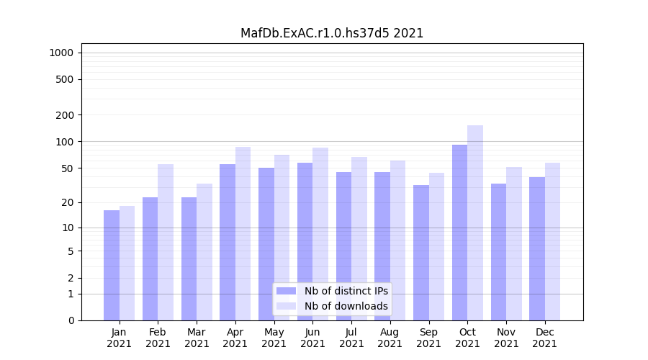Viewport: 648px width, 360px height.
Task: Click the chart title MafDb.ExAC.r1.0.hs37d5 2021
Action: pyautogui.click(x=332, y=33)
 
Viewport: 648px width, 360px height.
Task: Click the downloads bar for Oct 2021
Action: pyautogui.click(x=475, y=222)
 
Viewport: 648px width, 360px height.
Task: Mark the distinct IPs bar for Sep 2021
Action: pyautogui.click(x=421, y=253)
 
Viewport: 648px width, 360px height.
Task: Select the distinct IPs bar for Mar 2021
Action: pyautogui.click(x=189, y=258)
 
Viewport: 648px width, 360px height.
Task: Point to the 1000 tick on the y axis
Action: pyautogui.click(x=61, y=53)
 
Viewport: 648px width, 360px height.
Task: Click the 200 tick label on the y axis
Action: pyautogui.click(x=65, y=115)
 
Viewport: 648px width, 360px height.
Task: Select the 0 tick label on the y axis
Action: pyautogui.click(x=71, y=320)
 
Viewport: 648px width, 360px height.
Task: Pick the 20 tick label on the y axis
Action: pyautogui.click(x=68, y=202)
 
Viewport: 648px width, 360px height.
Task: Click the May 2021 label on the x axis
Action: pyautogui.click(x=274, y=338)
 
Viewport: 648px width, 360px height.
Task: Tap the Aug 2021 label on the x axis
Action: pyautogui.click(x=390, y=338)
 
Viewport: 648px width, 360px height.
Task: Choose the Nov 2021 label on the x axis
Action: pyautogui.click(x=506, y=338)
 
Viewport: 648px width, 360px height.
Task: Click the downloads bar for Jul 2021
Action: pyautogui.click(x=359, y=238)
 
